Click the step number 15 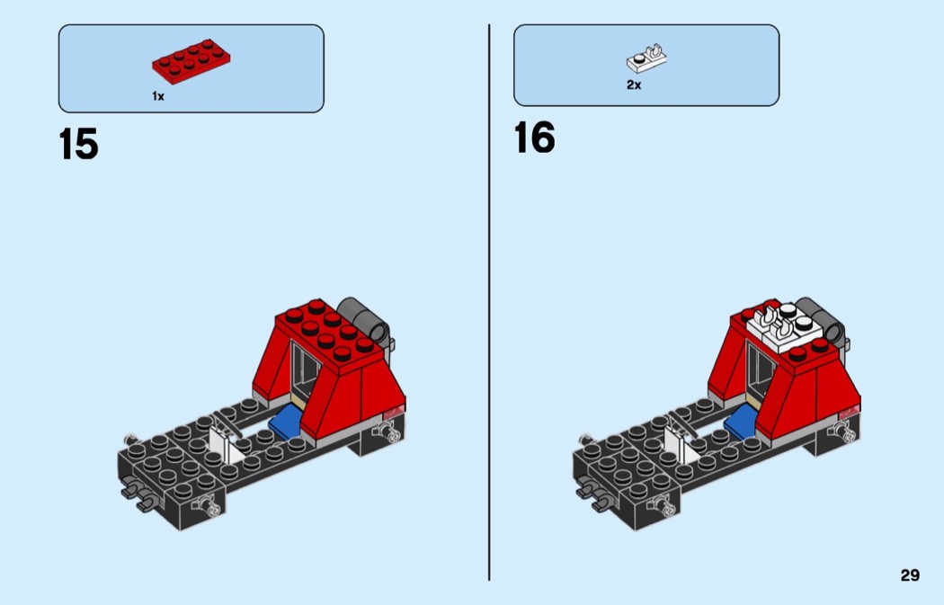79,145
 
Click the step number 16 535,138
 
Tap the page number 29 910,575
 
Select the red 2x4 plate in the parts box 191,61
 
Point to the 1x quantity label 157,96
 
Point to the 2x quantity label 634,85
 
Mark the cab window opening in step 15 306,367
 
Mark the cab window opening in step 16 761,367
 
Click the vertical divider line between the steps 489,302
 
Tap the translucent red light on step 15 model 395,412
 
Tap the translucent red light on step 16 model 850,412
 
